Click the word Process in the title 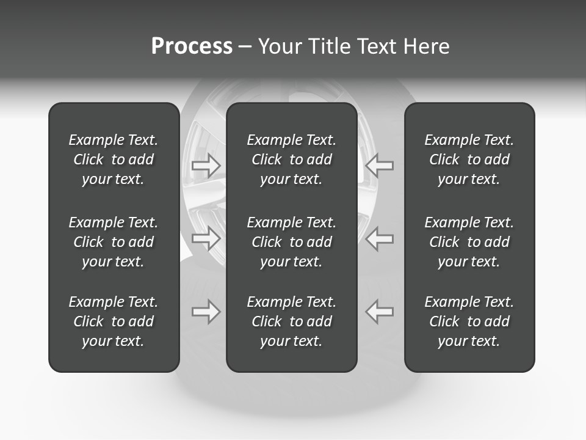click(192, 46)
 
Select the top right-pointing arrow click(206, 165)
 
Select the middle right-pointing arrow click(206, 238)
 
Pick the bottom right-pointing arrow click(206, 312)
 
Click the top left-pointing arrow click(380, 165)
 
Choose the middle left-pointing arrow click(380, 238)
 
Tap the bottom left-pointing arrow click(380, 312)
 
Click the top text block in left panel click(114, 159)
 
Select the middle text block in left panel click(114, 242)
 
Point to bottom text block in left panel click(114, 321)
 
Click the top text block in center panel click(292, 159)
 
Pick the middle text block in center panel click(292, 242)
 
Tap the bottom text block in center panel click(292, 321)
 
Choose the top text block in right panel click(469, 159)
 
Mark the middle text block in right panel click(469, 242)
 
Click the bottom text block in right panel click(469, 321)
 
